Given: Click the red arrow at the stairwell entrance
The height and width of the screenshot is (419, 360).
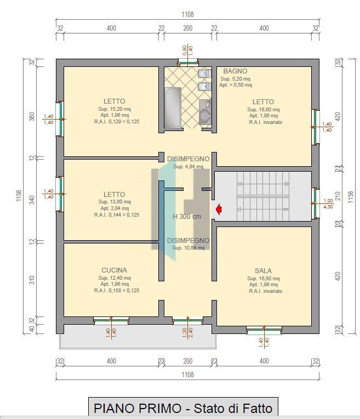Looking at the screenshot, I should pos(220,209).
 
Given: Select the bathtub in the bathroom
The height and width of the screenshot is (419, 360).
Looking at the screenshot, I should pos(173,107).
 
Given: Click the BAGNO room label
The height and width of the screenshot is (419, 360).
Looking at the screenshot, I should pos(235,71).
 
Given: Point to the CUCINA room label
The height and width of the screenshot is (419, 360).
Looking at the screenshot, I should pos(114,270).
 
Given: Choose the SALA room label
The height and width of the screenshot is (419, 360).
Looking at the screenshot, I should pos(263,270).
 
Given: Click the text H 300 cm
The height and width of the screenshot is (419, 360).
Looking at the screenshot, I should pos(187,216).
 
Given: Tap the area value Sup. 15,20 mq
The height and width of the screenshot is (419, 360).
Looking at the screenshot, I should pos(115,109).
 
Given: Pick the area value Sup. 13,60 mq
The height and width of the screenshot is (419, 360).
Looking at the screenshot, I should pos(115,202).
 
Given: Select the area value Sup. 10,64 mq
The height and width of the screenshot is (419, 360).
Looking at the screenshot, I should pos(188,248).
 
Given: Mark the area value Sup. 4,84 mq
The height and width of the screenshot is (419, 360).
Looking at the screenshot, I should pos(188,167).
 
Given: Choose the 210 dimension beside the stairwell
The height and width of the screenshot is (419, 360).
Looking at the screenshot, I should pos(338,196).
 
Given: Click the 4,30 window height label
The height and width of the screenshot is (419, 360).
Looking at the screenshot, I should pos(328,207).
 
